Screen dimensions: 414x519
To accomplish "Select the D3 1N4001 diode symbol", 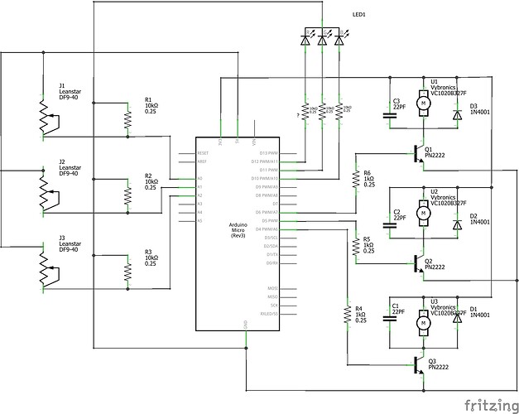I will [457, 117].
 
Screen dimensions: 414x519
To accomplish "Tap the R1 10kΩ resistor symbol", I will [127, 121].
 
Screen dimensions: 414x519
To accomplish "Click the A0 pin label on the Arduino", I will [199, 178].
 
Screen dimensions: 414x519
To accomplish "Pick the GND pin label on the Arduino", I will [245, 322].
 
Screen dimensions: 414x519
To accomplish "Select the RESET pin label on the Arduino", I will [203, 153].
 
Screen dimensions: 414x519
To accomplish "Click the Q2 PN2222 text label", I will [435, 263].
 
